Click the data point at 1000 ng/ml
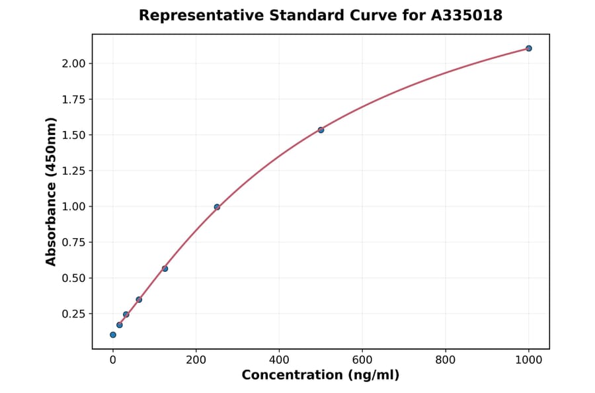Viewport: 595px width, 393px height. (x=528, y=48)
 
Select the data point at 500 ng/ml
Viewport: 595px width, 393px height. (x=321, y=130)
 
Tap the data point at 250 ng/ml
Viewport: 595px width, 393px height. (x=217, y=207)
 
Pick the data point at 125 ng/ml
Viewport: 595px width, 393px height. (x=165, y=269)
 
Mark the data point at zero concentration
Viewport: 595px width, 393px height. (x=113, y=335)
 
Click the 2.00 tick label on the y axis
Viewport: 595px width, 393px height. (x=73, y=64)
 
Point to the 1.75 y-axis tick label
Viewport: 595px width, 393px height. (x=73, y=99)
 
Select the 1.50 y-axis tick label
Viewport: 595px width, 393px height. (x=73, y=135)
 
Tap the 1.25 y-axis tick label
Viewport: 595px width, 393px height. (x=73, y=171)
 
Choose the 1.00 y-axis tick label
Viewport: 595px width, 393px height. (x=73, y=206)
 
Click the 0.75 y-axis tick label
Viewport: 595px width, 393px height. (x=73, y=242)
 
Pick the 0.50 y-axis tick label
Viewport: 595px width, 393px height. (x=73, y=278)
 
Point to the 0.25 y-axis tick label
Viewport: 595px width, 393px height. (x=73, y=314)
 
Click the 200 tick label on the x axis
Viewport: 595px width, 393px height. (x=196, y=361)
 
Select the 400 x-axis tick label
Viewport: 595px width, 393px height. (x=279, y=361)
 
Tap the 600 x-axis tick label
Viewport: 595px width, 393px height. (x=362, y=361)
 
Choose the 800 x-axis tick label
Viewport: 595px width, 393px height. (x=446, y=361)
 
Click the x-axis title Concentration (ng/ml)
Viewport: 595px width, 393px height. (x=321, y=376)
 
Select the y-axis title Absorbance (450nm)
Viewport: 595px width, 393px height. (x=52, y=191)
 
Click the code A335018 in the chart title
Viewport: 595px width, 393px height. (x=466, y=15)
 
